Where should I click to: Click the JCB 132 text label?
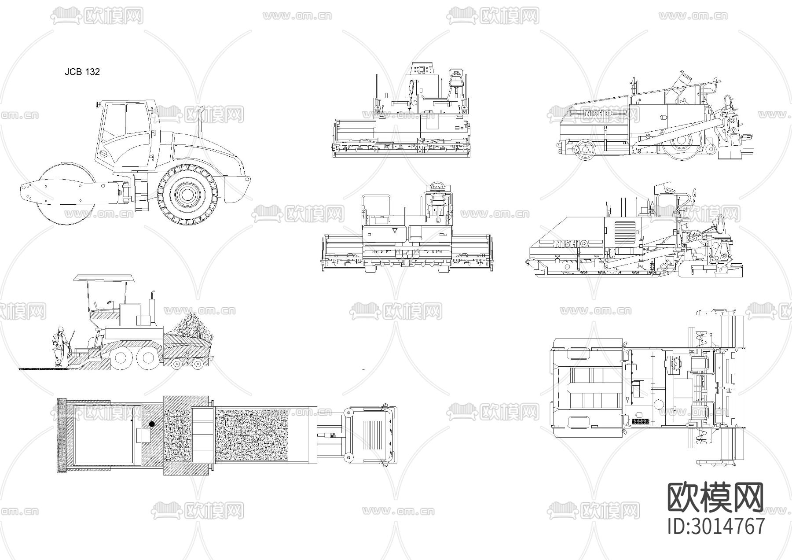82,72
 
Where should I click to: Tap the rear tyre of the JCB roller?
188,194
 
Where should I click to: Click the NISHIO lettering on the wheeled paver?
597,113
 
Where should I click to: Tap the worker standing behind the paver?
59,347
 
